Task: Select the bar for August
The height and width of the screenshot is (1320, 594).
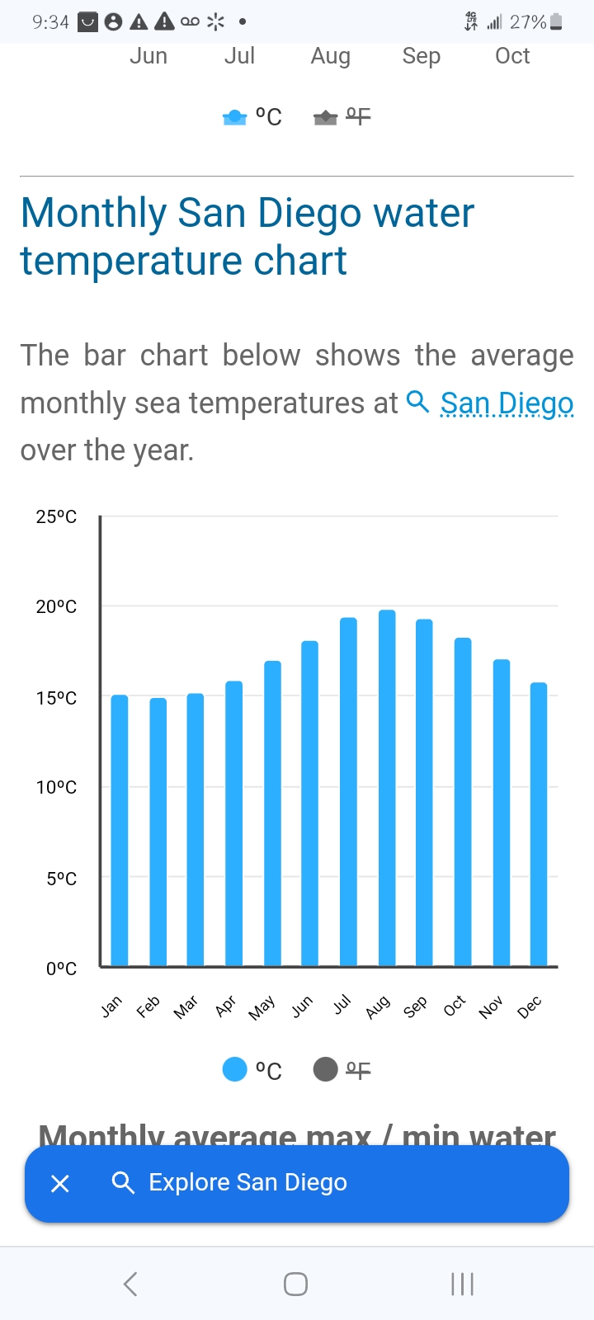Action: coord(387,788)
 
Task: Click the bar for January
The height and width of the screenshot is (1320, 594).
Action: coord(120,830)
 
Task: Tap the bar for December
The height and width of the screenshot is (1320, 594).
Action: coord(539,824)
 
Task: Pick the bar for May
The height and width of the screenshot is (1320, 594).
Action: coord(272,813)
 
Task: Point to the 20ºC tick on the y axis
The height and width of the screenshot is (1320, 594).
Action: coord(56,606)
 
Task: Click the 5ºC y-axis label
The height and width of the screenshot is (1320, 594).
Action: coord(61,879)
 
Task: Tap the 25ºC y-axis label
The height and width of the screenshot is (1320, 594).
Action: coord(56,516)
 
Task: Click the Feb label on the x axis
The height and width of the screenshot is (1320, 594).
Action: coord(148,1006)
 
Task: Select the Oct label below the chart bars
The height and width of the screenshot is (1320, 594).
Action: coord(455,1006)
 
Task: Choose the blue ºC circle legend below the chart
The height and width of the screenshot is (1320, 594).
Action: coord(235,1069)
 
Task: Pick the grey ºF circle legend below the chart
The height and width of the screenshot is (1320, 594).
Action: coord(326,1069)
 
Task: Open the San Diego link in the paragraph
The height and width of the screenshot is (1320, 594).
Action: coord(507,403)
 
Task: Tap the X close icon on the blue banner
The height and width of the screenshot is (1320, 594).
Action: coord(60,1184)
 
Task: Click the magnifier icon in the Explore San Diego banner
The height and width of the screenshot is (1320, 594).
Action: coord(123,1183)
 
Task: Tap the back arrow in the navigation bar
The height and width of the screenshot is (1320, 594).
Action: coord(130,1284)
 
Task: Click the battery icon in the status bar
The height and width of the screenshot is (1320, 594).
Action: coord(556,22)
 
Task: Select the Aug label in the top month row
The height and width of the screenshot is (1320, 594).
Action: coord(330,56)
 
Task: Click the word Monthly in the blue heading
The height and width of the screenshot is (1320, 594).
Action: coord(93,213)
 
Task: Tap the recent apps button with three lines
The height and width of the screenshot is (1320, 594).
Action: coord(462,1284)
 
